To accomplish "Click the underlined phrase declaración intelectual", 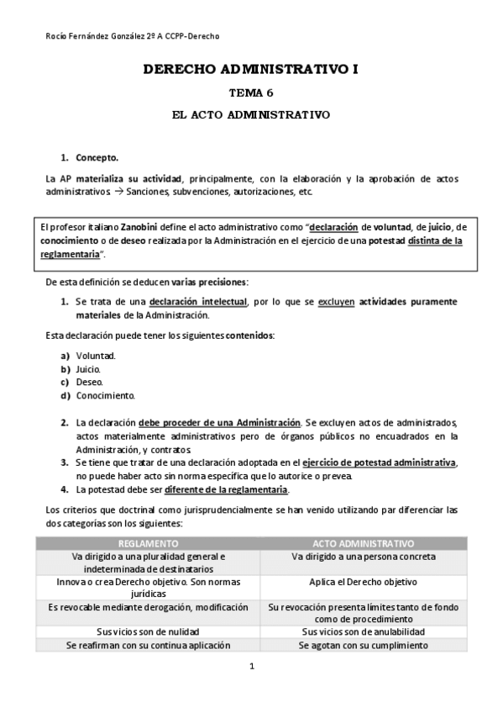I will click(x=198, y=302).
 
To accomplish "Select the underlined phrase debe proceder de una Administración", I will click(x=231, y=422).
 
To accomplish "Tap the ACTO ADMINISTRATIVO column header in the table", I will click(x=363, y=544).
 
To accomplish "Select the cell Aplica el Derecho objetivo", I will click(x=363, y=582).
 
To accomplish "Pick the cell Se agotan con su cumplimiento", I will click(x=363, y=645).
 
